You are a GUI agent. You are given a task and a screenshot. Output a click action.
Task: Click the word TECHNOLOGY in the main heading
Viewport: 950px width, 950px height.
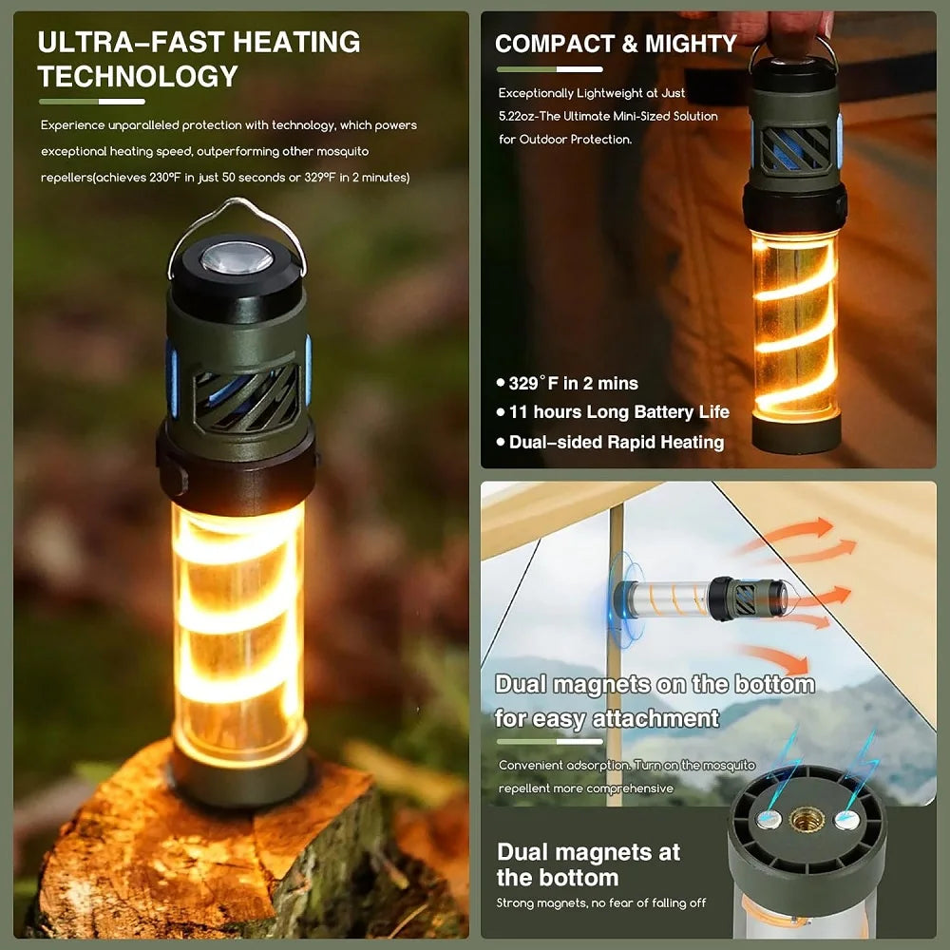point(138,76)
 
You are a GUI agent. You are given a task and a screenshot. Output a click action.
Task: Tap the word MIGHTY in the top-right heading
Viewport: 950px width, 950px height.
point(691,44)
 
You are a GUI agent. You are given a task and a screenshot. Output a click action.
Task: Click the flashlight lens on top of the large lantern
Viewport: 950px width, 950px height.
point(237,256)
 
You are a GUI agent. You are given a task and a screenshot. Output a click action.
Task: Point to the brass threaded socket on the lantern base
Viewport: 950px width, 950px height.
point(807,821)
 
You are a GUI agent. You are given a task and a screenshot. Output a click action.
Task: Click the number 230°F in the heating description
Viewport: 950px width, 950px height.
point(165,178)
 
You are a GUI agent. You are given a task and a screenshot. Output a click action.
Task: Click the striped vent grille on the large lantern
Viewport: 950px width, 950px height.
point(247,398)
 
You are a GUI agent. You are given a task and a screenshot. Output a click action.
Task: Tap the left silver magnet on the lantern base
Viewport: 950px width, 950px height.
point(769,819)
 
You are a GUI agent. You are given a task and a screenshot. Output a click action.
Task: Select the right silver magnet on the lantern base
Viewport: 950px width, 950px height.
point(846,819)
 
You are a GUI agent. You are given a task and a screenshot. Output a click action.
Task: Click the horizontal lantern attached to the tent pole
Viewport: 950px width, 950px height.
point(703,598)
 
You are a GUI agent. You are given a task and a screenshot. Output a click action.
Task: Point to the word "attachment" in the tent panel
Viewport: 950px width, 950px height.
point(655,718)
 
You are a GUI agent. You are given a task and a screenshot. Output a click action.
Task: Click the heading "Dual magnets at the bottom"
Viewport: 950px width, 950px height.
point(588,864)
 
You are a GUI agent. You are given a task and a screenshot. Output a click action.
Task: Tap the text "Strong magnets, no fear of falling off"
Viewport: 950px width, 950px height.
point(601,902)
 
